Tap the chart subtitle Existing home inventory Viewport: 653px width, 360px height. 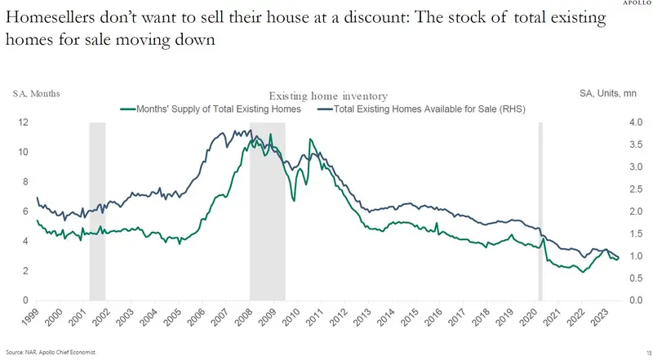[x=327, y=96]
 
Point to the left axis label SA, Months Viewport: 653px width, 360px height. [x=36, y=94]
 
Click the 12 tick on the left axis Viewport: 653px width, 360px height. [x=25, y=122]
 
